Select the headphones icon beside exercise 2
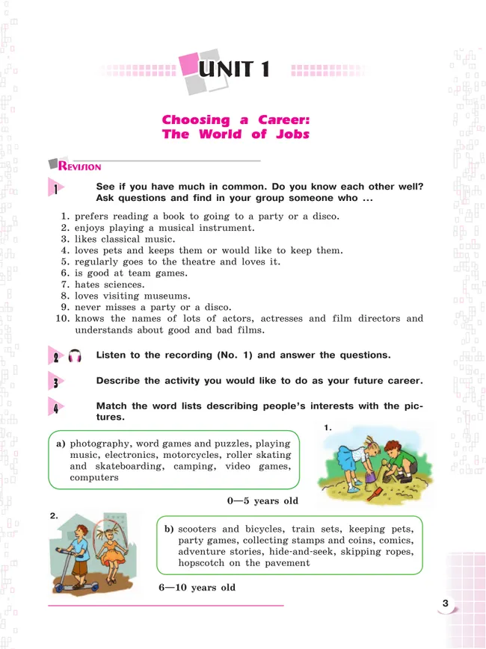click(x=75, y=357)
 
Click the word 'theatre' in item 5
click(x=197, y=262)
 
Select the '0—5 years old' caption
click(x=262, y=500)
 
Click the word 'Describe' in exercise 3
click(x=118, y=381)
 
